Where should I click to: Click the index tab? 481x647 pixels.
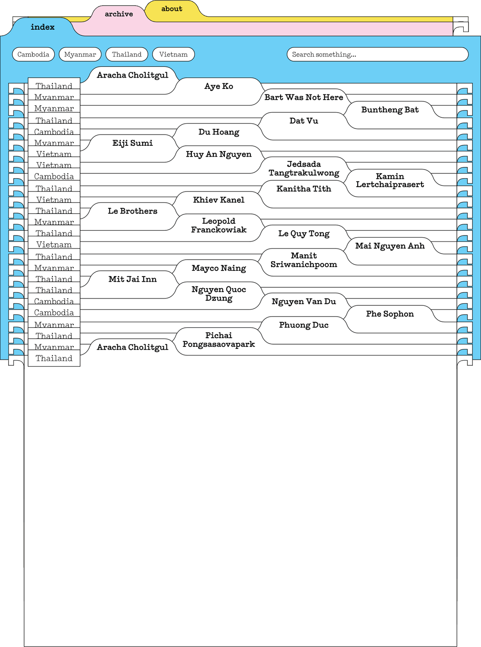coord(43,27)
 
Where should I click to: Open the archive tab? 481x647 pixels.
coord(119,14)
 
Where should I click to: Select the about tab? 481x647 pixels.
coord(172,9)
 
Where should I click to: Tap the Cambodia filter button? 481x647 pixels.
coord(33,54)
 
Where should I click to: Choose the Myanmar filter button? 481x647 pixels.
coord(80,54)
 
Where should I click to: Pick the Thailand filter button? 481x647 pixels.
coord(127,54)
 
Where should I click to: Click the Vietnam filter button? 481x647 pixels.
coord(173,54)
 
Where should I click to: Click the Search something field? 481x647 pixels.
coord(377,54)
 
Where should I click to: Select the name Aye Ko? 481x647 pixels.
coord(219,86)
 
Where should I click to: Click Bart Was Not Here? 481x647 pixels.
coord(304,97)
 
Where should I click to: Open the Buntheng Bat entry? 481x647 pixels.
coord(390,110)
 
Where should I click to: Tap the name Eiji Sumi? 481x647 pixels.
coord(132,143)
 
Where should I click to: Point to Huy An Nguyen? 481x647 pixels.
coord(219,154)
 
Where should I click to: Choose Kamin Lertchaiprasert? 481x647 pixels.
coord(390,180)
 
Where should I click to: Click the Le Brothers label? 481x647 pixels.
coord(132,211)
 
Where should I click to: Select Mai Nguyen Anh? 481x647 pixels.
coord(390,246)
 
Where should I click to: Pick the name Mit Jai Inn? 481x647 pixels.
coord(132,280)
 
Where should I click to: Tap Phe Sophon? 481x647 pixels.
coord(390,314)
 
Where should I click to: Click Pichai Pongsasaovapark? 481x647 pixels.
coord(219,340)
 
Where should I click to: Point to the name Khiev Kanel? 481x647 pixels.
coord(219,200)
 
